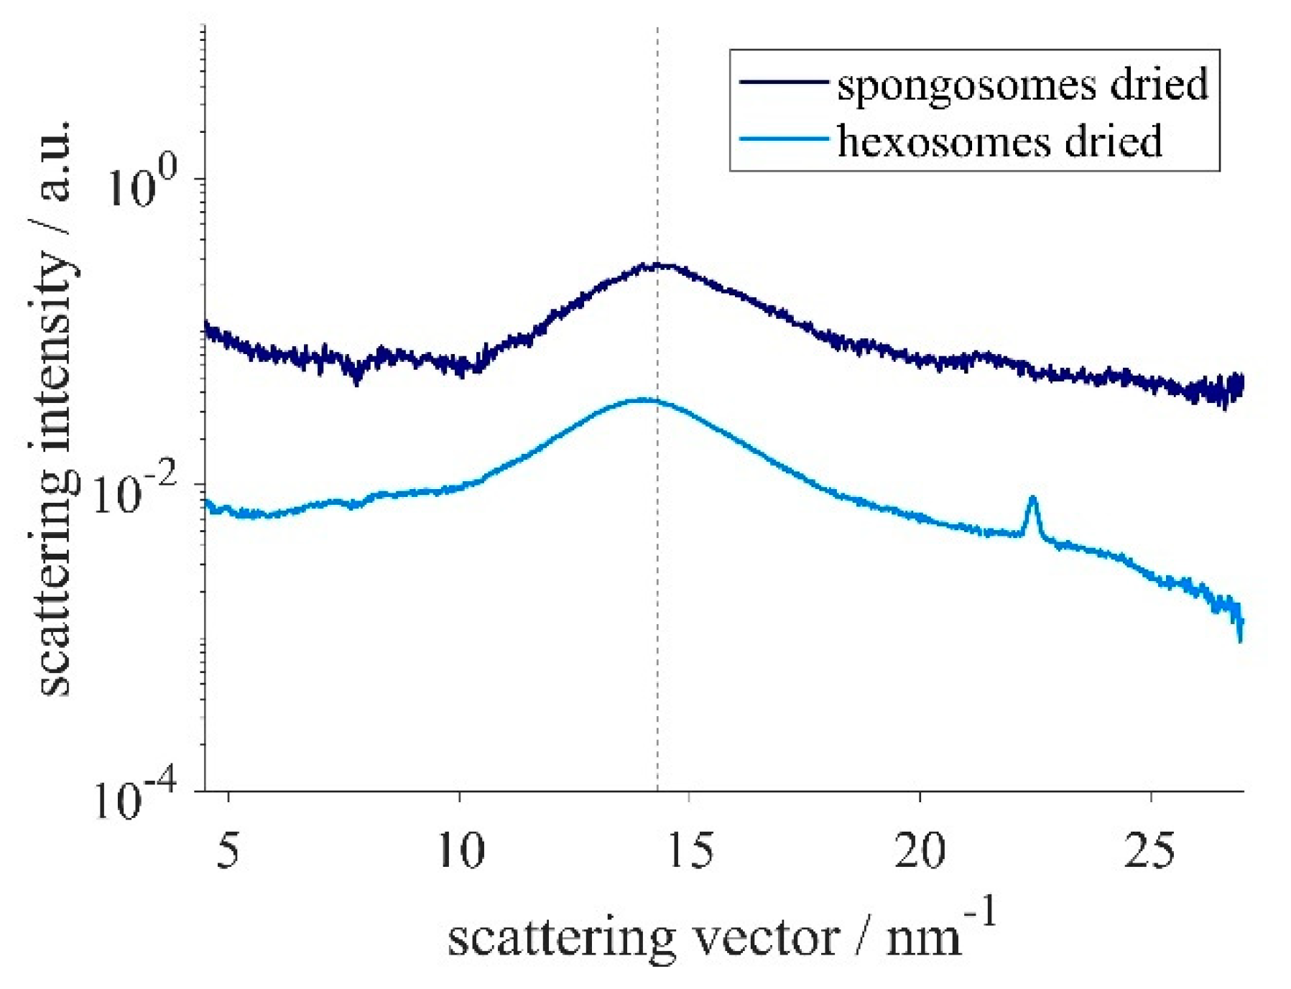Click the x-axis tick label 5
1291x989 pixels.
228,851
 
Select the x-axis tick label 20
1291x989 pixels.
920,851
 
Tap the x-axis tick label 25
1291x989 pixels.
1149,851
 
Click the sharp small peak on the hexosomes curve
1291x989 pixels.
1032,500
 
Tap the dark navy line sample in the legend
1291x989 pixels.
783,83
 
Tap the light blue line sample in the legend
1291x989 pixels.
783,139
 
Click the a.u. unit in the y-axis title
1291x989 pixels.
56,159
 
